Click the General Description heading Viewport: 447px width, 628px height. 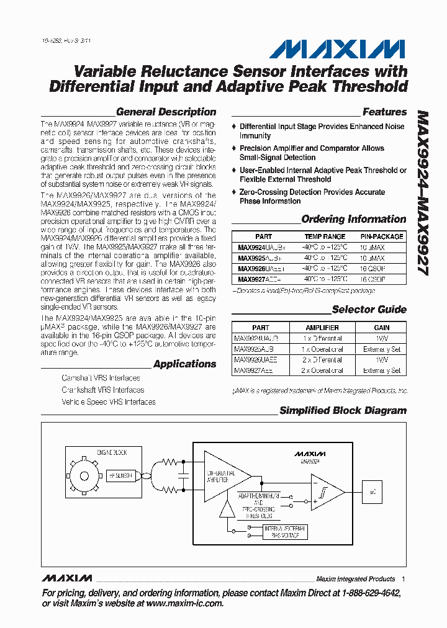(166, 112)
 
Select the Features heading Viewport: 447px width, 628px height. (384, 112)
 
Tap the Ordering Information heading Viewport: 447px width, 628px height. (353, 219)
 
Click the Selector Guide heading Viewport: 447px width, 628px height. (369, 310)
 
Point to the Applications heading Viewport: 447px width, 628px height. (184, 364)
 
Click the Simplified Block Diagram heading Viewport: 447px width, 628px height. (343, 411)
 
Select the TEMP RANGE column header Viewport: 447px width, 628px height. (325, 236)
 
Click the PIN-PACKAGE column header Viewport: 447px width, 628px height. (382, 236)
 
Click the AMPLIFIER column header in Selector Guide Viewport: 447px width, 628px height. (322, 328)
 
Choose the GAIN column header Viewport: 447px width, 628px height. (382, 328)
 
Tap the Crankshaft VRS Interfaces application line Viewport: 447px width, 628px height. (102, 390)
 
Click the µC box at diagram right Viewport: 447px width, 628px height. (372, 491)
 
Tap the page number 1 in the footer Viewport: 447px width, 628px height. (404, 579)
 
